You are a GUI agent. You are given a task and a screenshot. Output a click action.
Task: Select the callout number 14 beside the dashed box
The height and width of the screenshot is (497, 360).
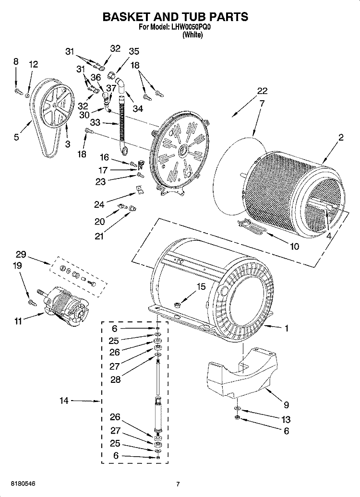click(64, 400)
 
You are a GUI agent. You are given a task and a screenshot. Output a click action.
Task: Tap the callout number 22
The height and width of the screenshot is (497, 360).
click(262, 91)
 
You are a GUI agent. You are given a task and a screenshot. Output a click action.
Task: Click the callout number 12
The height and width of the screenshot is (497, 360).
click(33, 64)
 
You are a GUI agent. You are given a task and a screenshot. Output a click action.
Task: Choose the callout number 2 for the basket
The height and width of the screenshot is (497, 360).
click(341, 138)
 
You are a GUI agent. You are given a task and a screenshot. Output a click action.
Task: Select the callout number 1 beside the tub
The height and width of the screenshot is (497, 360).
click(287, 329)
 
